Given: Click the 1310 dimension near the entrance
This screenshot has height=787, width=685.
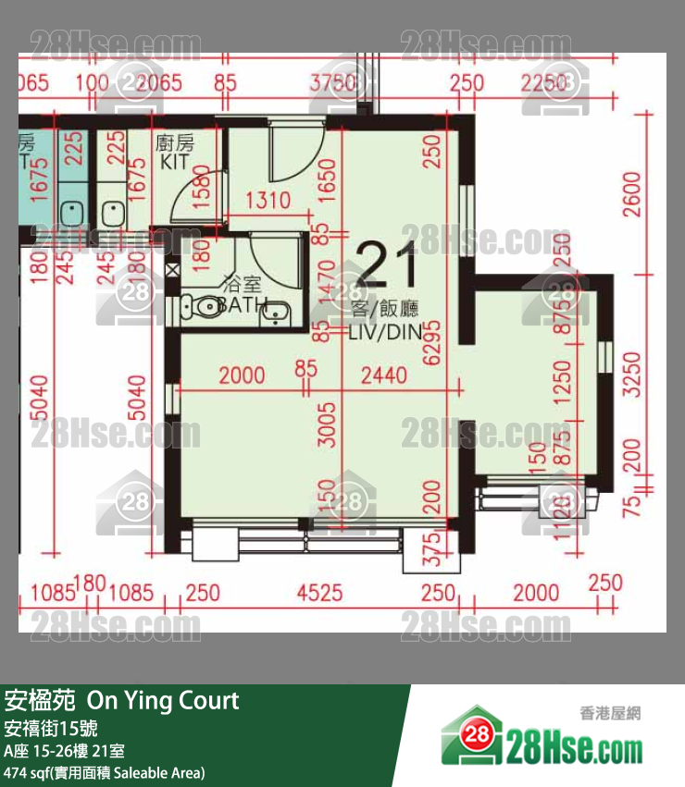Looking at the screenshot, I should pyautogui.click(x=268, y=200).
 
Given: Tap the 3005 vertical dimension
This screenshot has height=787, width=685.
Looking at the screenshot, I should pyautogui.click(x=325, y=424).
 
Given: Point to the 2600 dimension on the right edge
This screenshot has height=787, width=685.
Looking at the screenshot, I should pyautogui.click(x=631, y=193).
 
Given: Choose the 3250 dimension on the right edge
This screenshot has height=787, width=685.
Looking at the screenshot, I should pyautogui.click(x=631, y=374).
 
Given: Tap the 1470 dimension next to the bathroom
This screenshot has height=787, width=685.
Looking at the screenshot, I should pyautogui.click(x=325, y=284).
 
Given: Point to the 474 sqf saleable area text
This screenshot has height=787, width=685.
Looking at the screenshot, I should pyautogui.click(x=104, y=772).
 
